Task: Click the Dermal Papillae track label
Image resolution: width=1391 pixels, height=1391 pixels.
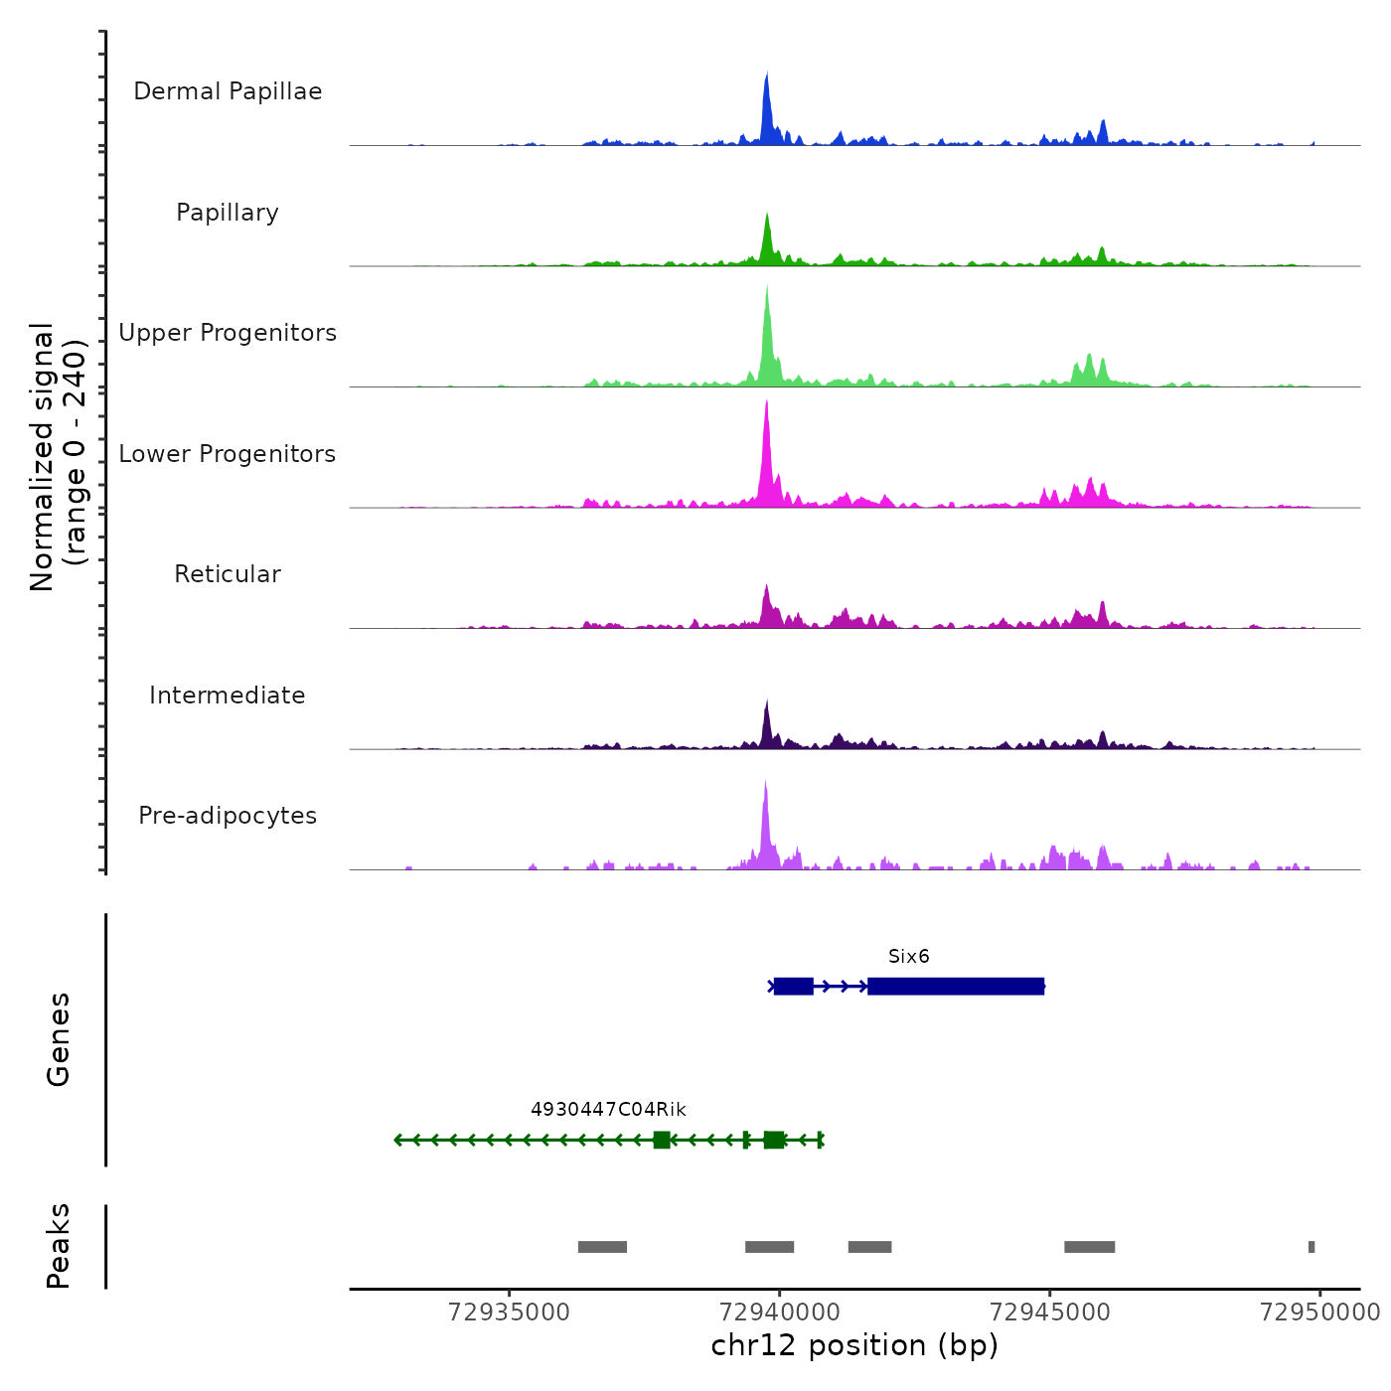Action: click(x=228, y=91)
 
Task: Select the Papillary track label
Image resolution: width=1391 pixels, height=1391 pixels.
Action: click(x=228, y=213)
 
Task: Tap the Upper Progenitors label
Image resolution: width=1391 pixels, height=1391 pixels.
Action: click(x=228, y=333)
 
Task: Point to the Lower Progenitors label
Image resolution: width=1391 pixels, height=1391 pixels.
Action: click(x=228, y=454)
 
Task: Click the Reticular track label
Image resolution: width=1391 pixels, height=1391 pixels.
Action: click(x=228, y=574)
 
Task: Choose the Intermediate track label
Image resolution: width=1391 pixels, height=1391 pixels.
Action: click(x=228, y=695)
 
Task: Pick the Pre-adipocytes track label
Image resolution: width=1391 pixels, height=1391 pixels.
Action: click(x=228, y=816)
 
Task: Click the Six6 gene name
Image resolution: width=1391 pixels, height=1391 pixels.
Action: click(x=909, y=957)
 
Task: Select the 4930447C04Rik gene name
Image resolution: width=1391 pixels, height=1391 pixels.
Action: click(x=608, y=1110)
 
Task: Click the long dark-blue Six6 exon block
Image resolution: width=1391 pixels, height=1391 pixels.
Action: click(x=956, y=987)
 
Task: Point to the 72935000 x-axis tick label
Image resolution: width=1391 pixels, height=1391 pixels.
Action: click(x=510, y=1313)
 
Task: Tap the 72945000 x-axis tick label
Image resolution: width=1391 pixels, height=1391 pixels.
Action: click(x=1050, y=1313)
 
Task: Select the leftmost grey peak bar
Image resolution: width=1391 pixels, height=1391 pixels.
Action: click(x=602, y=1247)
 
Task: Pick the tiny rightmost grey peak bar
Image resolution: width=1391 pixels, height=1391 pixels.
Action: click(x=1312, y=1247)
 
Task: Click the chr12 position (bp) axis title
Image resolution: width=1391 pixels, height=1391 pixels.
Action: click(x=854, y=1345)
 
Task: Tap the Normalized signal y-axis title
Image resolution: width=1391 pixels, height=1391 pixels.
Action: click(x=58, y=457)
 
